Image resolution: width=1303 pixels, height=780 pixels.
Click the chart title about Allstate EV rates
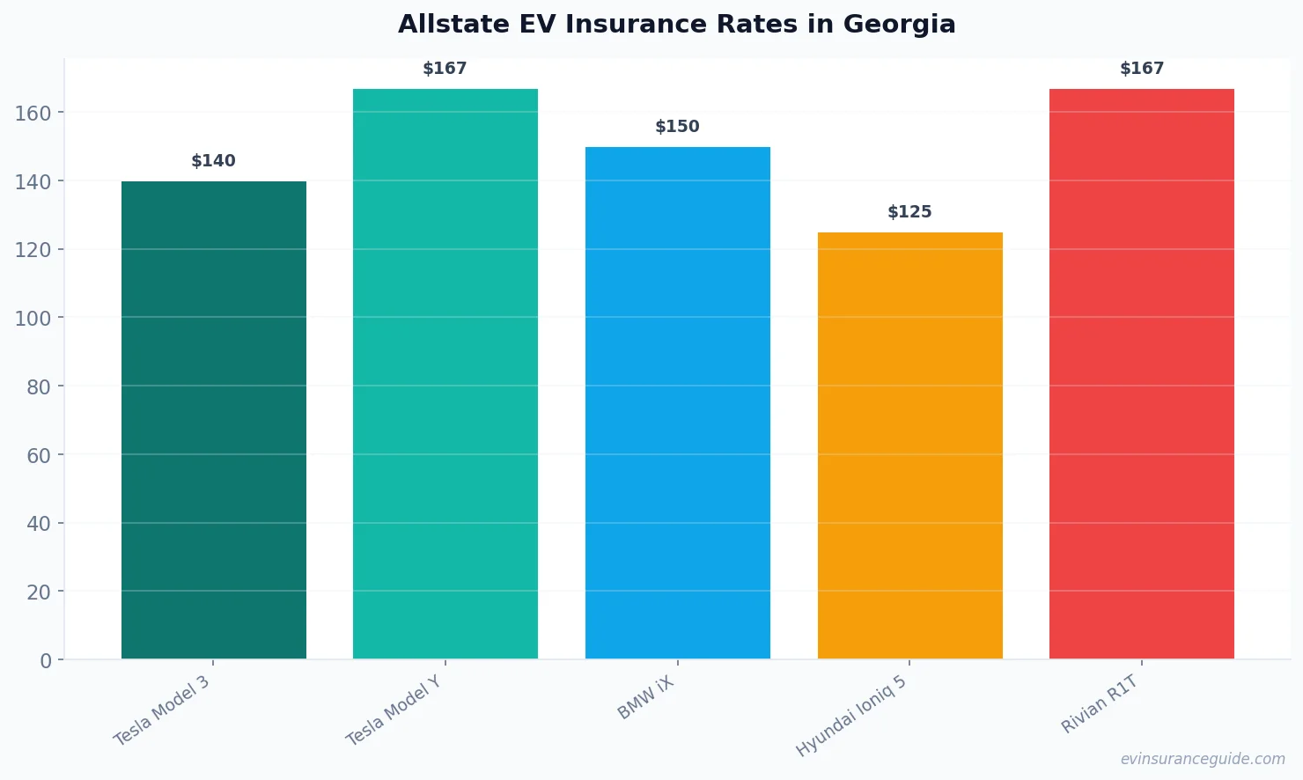(676, 24)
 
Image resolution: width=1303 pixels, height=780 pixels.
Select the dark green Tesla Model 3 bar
(214, 420)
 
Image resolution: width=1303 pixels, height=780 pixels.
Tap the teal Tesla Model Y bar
(445, 374)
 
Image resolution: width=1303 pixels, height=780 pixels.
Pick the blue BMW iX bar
(678, 402)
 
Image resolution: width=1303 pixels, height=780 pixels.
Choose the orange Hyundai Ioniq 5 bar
(909, 445)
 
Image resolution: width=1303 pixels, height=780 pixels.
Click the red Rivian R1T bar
(1142, 374)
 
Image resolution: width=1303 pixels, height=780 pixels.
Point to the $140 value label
(213, 161)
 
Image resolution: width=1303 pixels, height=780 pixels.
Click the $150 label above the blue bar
(677, 127)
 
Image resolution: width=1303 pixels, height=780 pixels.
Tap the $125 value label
(909, 212)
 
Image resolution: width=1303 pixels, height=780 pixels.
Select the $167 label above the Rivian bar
(1142, 69)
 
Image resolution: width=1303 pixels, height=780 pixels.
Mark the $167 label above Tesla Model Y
(445, 69)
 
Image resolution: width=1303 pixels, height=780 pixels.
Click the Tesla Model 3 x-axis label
(162, 710)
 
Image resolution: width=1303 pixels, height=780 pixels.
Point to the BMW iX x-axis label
(645, 698)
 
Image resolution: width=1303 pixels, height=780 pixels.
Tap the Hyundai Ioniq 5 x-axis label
(850, 716)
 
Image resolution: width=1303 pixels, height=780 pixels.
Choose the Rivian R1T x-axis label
(1100, 704)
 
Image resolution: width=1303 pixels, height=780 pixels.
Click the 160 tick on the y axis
(33, 113)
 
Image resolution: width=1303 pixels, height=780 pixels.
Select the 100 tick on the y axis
(33, 318)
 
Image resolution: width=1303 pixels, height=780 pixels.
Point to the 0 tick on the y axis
(46, 661)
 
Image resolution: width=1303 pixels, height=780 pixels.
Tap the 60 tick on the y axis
(39, 455)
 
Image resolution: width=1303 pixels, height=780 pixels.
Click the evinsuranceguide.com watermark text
(1203, 759)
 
